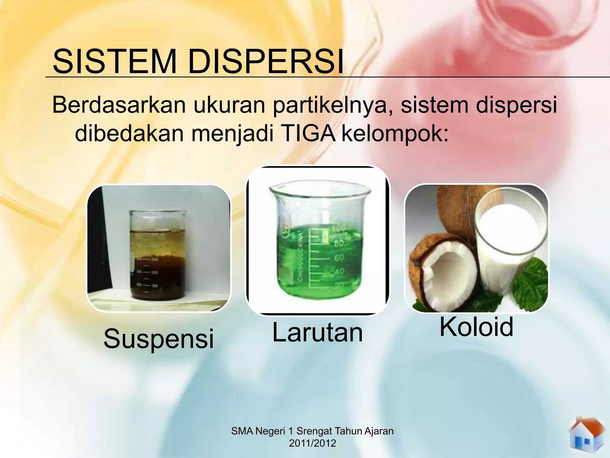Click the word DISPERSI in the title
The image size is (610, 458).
266,62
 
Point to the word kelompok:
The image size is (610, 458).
395,134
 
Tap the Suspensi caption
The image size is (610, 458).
158,339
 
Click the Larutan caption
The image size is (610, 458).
318,333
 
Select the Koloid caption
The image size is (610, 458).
476,327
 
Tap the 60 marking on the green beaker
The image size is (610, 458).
339,257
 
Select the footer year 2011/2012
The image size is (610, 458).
312,443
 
